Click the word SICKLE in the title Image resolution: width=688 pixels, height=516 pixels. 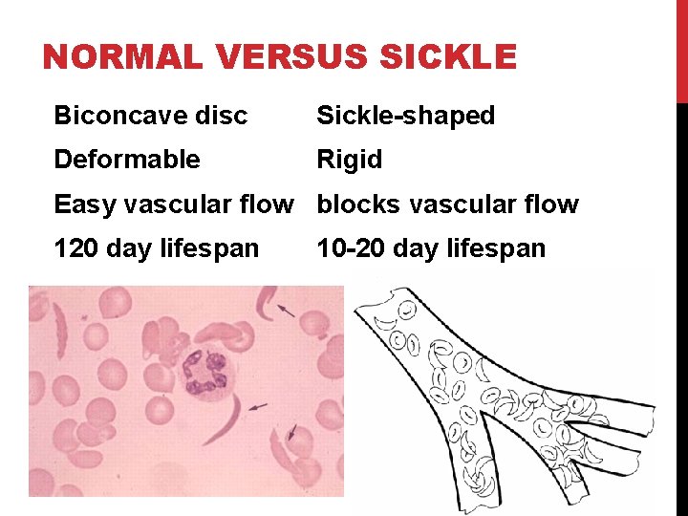tap(448, 58)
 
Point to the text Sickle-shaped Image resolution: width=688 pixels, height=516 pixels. tap(405, 117)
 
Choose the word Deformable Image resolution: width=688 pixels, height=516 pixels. tap(127, 160)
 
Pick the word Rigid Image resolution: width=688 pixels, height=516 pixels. tap(349, 160)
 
